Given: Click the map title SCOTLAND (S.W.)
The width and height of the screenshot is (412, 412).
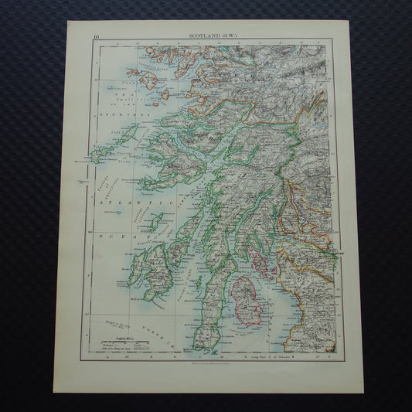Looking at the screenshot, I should click(214, 35).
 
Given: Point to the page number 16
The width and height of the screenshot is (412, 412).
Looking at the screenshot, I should click(95, 35).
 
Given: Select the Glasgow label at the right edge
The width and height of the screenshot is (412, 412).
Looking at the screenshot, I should click(334, 252).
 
